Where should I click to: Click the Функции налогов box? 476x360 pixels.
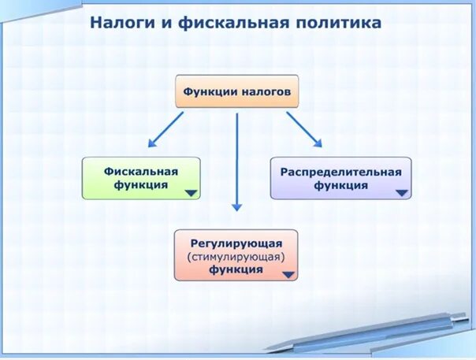(237, 91)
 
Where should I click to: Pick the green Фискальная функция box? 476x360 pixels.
(141, 178)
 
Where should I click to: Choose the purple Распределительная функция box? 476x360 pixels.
(340, 178)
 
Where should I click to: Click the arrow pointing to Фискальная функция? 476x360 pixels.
(165, 129)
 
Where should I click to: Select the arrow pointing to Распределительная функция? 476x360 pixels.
(304, 129)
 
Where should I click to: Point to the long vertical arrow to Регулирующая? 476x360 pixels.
(236, 161)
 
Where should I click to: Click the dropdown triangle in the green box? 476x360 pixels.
(191, 192)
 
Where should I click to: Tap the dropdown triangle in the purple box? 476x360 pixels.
(402, 192)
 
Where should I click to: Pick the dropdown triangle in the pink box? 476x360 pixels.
(288, 275)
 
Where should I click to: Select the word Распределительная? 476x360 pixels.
(341, 171)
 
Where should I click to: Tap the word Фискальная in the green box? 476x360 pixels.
(141, 171)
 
